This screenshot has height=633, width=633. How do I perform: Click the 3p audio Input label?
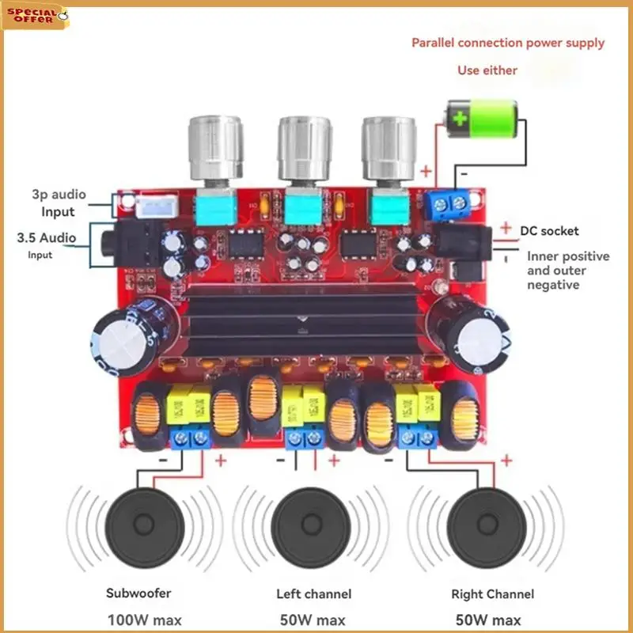pyautogui.click(x=59, y=203)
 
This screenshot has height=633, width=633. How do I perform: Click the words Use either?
pyautogui.click(x=487, y=70)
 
